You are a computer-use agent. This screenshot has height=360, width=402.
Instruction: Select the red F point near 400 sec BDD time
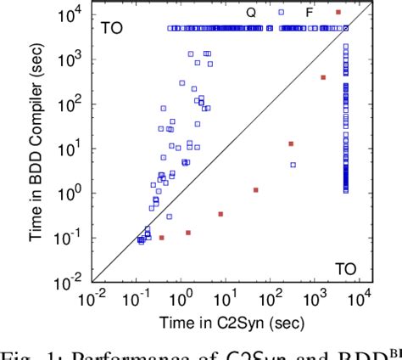click(x=323, y=77)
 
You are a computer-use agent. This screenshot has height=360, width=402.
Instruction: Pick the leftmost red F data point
click(x=161, y=238)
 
